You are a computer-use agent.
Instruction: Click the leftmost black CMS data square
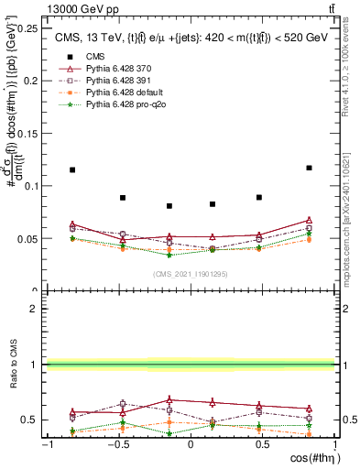pos(72,169)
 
